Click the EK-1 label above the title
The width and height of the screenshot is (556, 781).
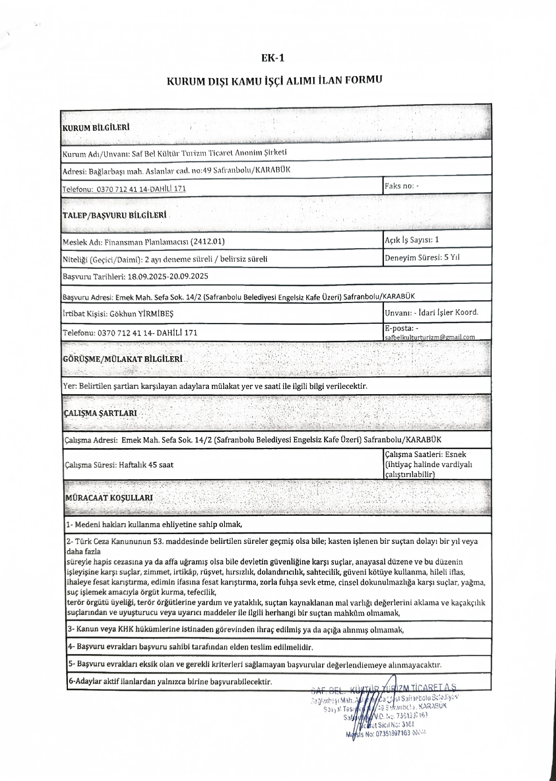pos(273,58)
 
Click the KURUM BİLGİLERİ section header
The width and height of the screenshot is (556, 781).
pos(96,128)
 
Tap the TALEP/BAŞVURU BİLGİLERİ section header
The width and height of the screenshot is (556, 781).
pos(114,215)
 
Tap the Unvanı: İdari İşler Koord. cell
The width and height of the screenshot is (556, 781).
pos(432,313)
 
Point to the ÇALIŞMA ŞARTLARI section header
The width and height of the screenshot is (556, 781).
pos(100,413)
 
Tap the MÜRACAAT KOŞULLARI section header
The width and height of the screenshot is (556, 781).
pos(109,497)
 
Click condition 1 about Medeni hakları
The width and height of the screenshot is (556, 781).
pos(155,525)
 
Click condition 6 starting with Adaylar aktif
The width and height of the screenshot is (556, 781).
pos(170,681)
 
